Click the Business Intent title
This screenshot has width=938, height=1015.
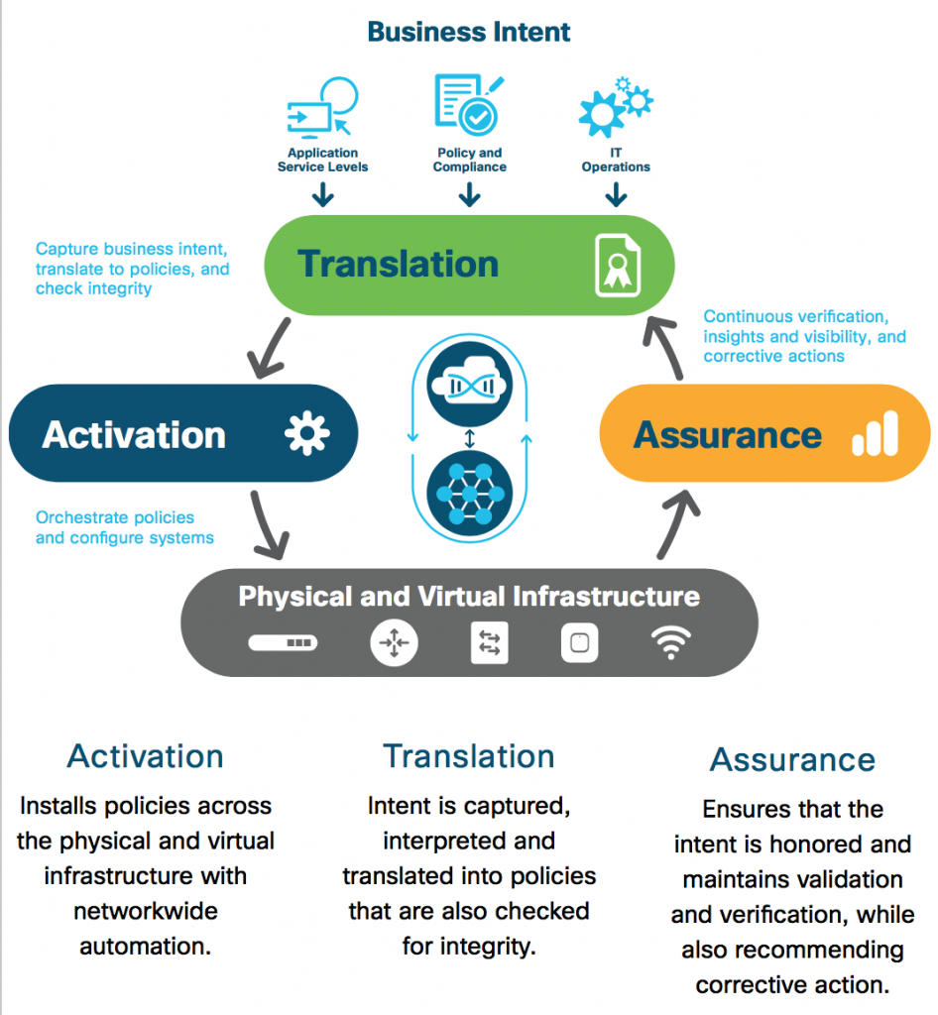tap(469, 32)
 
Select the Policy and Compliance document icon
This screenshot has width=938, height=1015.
tap(467, 104)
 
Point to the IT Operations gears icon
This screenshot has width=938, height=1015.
tap(615, 107)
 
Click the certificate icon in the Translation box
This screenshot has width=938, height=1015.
tap(617, 266)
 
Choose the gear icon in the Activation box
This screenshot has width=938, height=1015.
tap(306, 434)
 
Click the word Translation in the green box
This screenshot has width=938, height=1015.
tap(398, 265)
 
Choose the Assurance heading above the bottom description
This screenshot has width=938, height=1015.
tap(792, 760)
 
